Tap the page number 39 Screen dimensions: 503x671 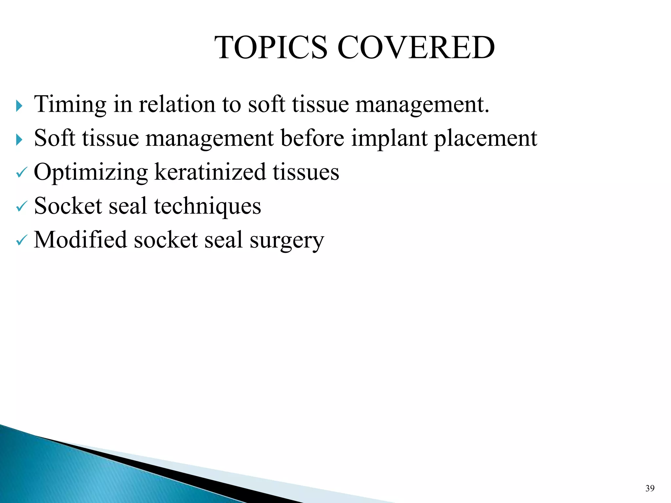click(x=650, y=489)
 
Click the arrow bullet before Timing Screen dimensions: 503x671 click(x=19, y=106)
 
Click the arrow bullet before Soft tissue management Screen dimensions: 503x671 click(x=19, y=140)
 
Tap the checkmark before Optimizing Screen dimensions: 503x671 click(x=21, y=173)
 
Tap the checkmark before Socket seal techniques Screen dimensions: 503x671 click(x=21, y=207)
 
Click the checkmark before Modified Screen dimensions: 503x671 click(x=21, y=241)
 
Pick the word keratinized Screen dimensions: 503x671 click(x=210, y=172)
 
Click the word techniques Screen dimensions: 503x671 click(x=207, y=206)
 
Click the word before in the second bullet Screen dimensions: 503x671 click(x=312, y=139)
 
